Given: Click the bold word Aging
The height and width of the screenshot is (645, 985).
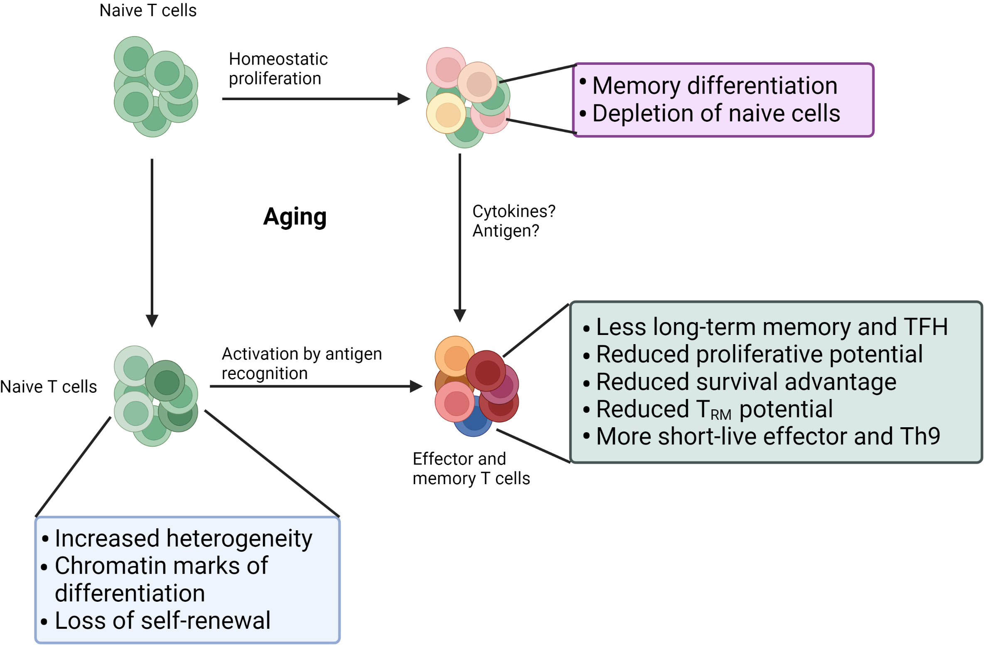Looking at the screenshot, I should pyautogui.click(x=295, y=217).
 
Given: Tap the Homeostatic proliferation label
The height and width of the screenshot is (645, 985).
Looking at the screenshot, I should pyautogui.click(x=278, y=69).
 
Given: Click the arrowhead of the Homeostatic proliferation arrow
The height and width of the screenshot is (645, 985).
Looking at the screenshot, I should pyautogui.click(x=403, y=99).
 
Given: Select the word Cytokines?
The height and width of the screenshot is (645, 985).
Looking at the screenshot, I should pyautogui.click(x=513, y=212).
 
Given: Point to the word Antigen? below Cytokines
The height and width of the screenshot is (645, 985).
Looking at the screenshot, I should pyautogui.click(x=505, y=231).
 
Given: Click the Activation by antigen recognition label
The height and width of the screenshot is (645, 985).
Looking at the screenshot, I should pyautogui.click(x=301, y=363).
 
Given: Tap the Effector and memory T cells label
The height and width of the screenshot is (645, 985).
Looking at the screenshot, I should pyautogui.click(x=471, y=468).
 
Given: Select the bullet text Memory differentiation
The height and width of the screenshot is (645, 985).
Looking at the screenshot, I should pyautogui.click(x=714, y=86).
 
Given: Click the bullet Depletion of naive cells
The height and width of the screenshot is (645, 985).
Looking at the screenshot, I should pyautogui.click(x=716, y=113).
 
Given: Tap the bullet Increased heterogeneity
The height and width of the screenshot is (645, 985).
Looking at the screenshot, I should pyautogui.click(x=183, y=539).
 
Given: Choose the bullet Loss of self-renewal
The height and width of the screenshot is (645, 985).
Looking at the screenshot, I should pyautogui.click(x=162, y=620).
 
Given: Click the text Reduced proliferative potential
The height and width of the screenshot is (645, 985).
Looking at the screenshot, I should pyautogui.click(x=759, y=355).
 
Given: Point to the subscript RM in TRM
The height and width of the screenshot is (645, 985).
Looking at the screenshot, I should pyautogui.click(x=720, y=415).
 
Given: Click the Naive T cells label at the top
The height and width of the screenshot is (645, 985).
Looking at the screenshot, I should pyautogui.click(x=147, y=10).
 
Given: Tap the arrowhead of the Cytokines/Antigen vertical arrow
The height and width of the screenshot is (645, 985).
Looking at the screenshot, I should pyautogui.click(x=459, y=315).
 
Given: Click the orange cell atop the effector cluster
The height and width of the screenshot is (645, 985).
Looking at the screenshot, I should pyautogui.click(x=454, y=355).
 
